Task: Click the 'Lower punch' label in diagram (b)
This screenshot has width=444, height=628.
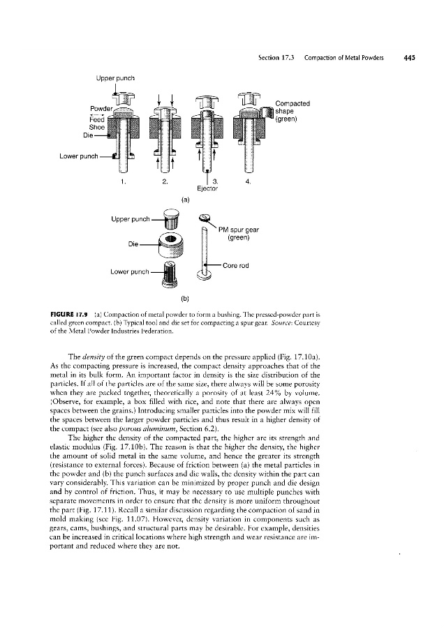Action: point(126,274)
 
